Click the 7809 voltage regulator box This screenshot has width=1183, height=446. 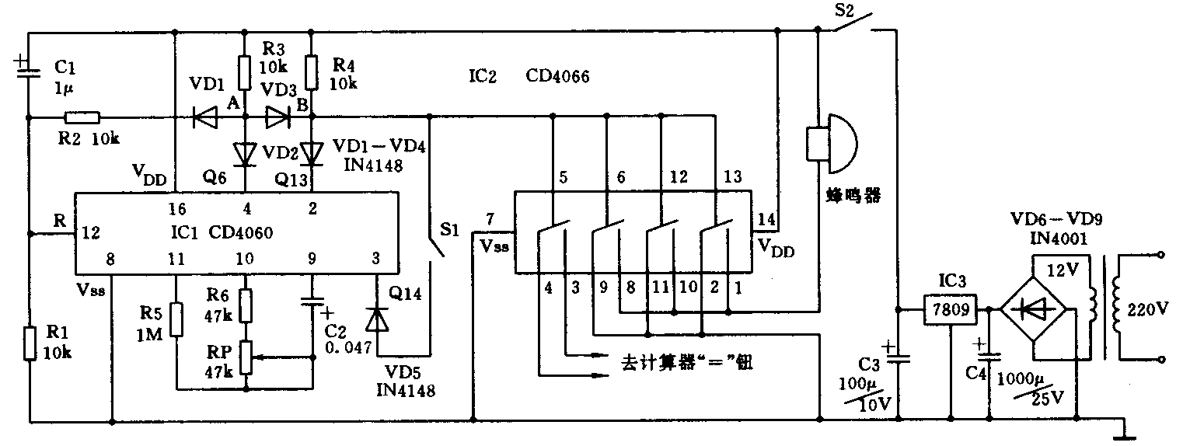950,311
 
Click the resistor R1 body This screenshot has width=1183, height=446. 30,343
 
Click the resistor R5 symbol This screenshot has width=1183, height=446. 176,319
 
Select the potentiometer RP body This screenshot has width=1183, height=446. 246,357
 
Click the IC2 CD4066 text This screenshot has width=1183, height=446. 529,76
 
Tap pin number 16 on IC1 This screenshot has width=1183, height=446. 176,208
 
